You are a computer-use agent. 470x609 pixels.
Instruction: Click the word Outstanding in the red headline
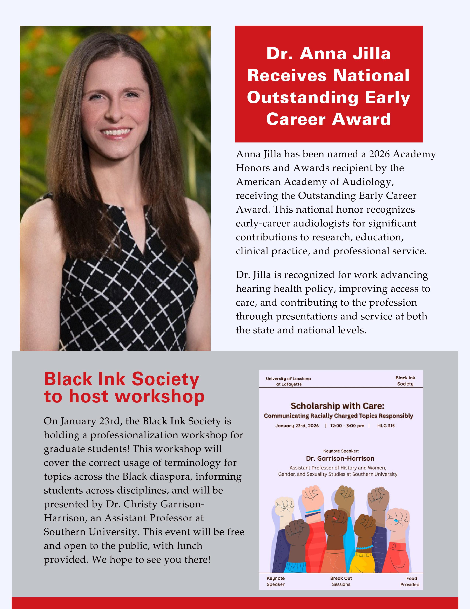click(302, 98)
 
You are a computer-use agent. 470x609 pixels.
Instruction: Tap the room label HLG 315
click(386, 426)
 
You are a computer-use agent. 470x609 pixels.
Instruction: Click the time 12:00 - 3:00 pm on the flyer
click(347, 426)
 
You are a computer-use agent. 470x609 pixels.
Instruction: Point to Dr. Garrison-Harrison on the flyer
click(340, 458)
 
